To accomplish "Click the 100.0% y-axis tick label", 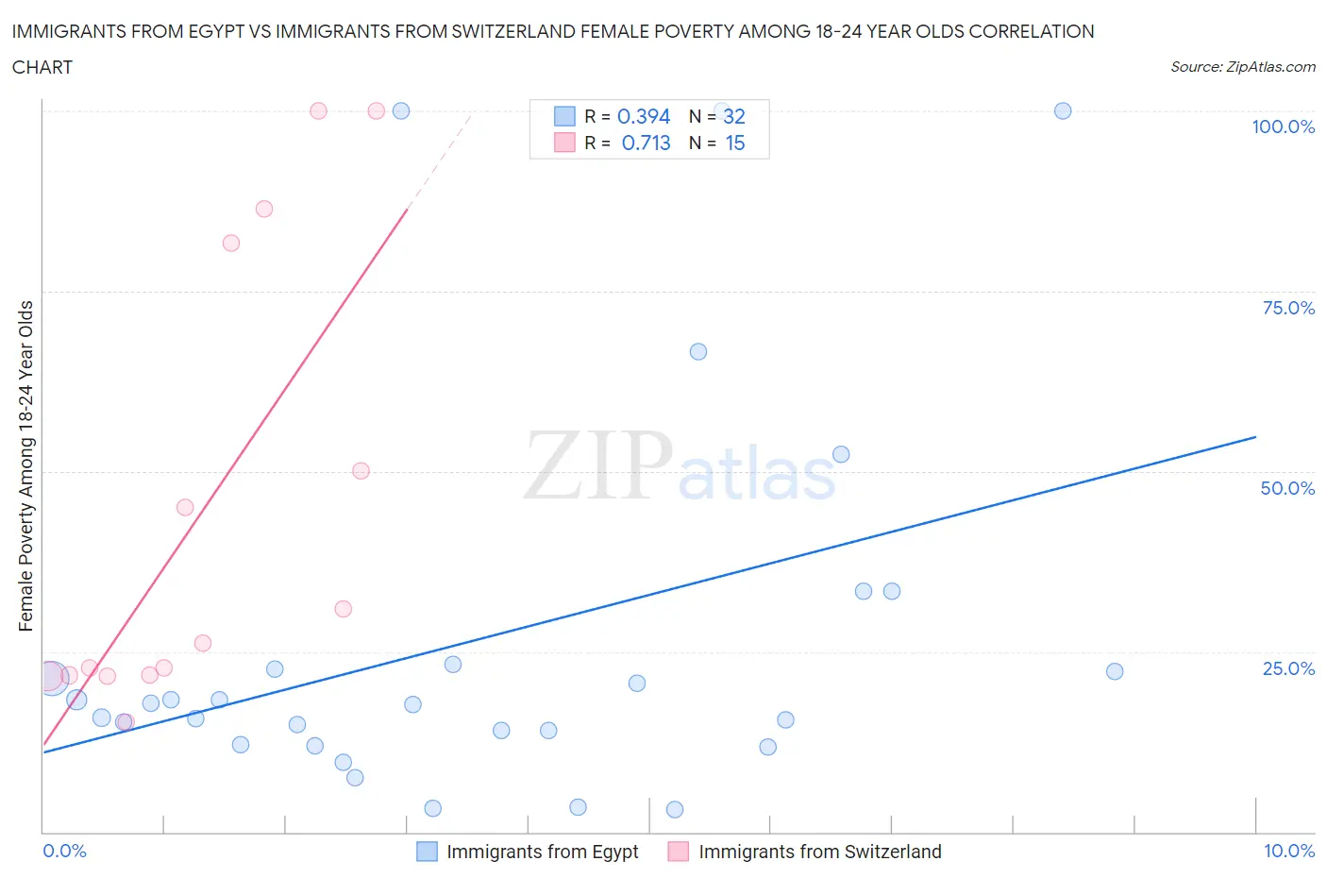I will [x=1283, y=127].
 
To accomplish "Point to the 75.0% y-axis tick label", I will [x=1288, y=308].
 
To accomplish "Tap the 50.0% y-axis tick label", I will [x=1287, y=488].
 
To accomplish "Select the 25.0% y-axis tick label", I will [x=1288, y=668].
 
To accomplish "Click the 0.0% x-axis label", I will [x=64, y=851].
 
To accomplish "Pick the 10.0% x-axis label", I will [x=1289, y=851].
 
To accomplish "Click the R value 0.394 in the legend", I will [x=644, y=116].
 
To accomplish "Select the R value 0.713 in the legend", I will [x=646, y=143].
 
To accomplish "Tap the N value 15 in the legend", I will [x=735, y=143].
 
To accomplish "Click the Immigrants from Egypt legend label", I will [x=543, y=852].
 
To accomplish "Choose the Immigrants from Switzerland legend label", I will [x=820, y=852].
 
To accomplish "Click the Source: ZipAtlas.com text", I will [x=1243, y=66].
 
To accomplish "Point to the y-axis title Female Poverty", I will [x=25, y=465].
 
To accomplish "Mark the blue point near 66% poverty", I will [x=698, y=351].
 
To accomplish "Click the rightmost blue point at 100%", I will [x=1063, y=110].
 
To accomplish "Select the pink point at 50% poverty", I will [x=361, y=470].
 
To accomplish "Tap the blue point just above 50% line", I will [x=841, y=454].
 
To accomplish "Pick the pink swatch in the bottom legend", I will [x=678, y=852].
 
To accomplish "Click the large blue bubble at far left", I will [x=51, y=677].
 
